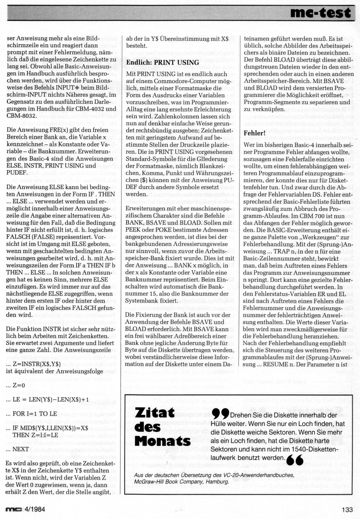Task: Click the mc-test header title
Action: pyautogui.click(x=320, y=13)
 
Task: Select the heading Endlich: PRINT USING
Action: pyautogui.click(x=162, y=63)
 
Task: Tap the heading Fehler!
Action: pyautogui.click(x=255, y=133)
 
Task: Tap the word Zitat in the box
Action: pyautogui.click(x=155, y=413)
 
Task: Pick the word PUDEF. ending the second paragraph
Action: pyautogui.click(x=17, y=172)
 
